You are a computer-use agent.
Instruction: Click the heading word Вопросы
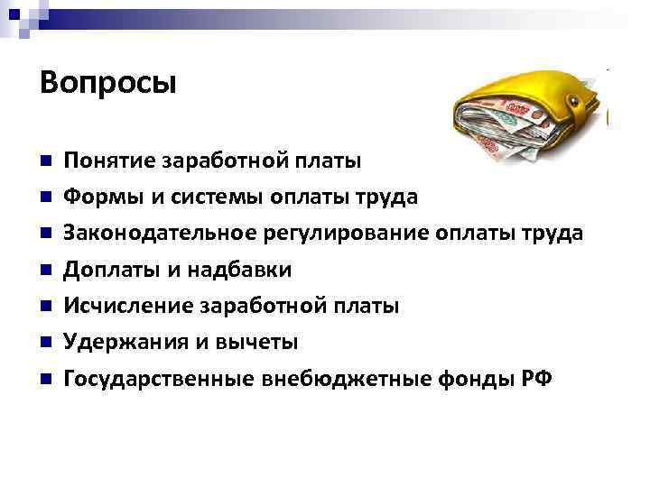[x=108, y=84]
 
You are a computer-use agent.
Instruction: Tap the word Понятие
[x=108, y=161]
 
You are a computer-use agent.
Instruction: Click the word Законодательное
[x=159, y=234]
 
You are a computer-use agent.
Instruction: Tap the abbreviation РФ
[x=534, y=380]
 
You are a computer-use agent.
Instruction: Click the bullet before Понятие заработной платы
[x=43, y=162]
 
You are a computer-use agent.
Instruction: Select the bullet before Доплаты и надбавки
[x=43, y=271]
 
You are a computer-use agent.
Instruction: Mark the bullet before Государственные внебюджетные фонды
[x=43, y=380]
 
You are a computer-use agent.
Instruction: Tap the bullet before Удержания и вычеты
[x=43, y=343]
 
